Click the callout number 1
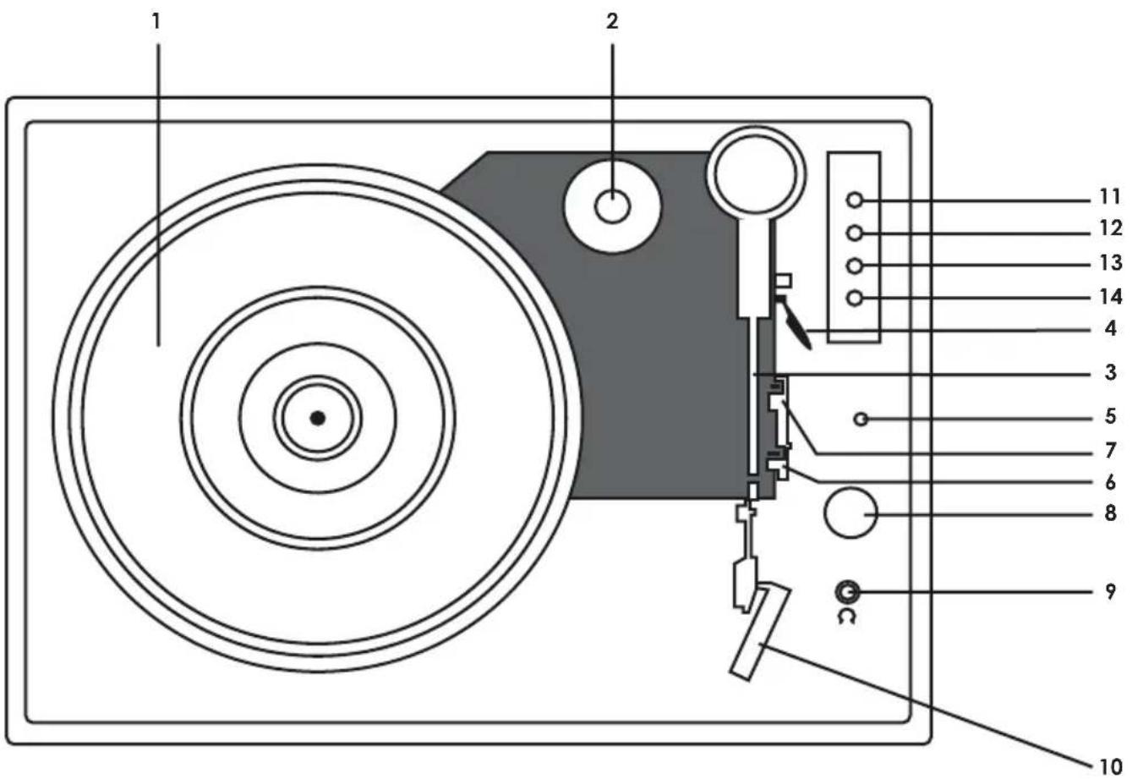(156, 22)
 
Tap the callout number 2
(612, 22)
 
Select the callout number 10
(1109, 765)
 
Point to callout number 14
(1109, 296)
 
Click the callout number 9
(1111, 591)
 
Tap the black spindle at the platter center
(317, 417)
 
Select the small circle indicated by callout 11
(855, 200)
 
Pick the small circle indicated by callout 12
(855, 233)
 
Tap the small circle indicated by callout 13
(855, 265)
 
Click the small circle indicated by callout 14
(855, 298)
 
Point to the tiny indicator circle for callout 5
(861, 418)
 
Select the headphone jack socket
(847, 592)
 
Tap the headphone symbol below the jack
(847, 617)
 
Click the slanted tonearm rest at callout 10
(760, 630)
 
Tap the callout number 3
(1111, 372)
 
